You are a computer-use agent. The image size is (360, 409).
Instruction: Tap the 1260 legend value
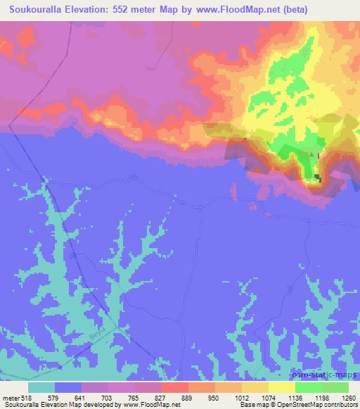click(348, 397)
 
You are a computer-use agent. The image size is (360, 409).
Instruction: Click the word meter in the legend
click(12, 397)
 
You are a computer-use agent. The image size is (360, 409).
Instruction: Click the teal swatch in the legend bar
click(41, 387)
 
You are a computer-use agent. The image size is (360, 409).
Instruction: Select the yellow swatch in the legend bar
click(282, 387)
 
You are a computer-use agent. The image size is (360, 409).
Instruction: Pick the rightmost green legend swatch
click(335, 387)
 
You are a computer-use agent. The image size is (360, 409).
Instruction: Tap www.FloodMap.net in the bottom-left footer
click(147, 405)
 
